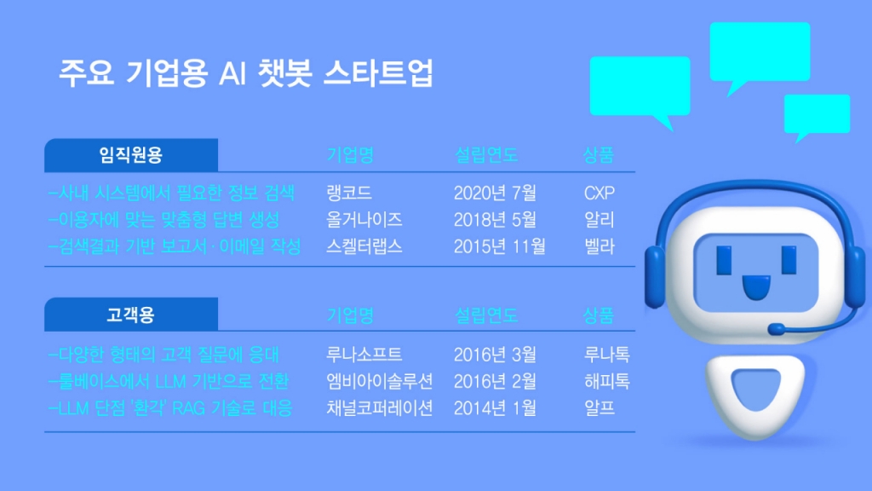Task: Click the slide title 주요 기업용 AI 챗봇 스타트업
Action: coord(245,73)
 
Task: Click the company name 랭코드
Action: coord(349,193)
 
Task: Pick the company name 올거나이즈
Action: coord(364,219)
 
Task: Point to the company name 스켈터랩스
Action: coord(364,246)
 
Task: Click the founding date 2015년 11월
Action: coord(500,246)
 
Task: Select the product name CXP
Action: coord(599,193)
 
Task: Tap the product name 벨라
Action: coord(599,246)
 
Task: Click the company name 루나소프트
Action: coord(364,354)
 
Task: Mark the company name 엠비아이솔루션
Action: coord(379,381)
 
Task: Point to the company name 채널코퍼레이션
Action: coord(379,408)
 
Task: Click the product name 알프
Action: coord(599,408)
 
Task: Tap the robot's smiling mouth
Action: coord(756,287)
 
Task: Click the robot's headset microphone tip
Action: coord(775,329)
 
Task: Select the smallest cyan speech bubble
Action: coord(816,116)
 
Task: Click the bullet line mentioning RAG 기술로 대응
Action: coord(171,408)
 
